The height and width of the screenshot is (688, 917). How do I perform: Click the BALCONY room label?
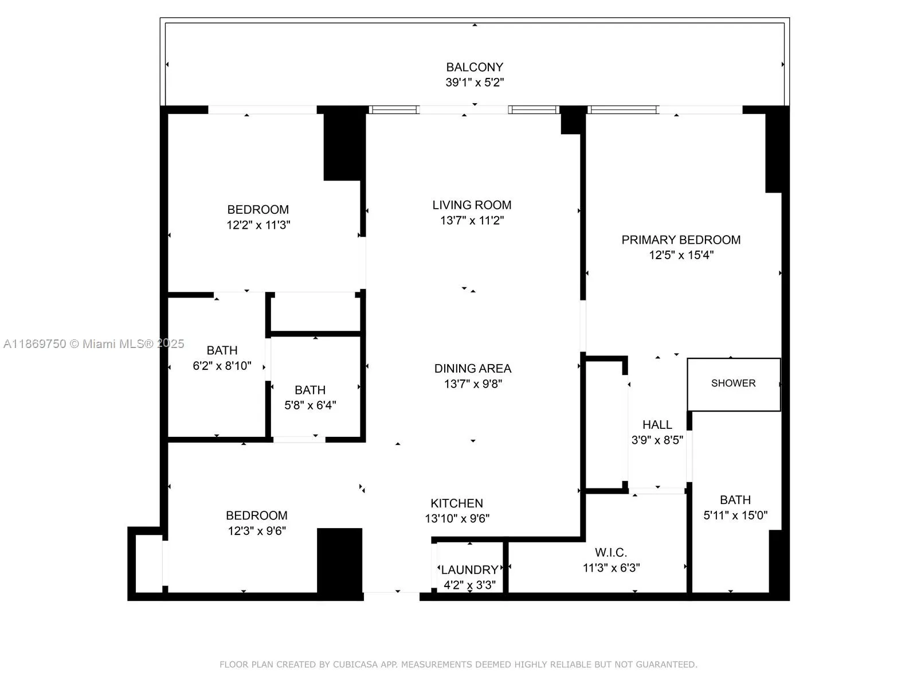475,67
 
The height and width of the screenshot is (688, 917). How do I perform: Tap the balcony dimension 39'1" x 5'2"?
475,83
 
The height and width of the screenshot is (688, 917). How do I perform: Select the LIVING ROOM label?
472,205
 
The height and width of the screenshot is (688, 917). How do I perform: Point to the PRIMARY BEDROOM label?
681,240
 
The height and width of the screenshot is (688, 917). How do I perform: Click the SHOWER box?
733,384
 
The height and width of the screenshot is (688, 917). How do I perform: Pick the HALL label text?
657,425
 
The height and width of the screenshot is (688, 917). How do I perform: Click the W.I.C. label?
611,553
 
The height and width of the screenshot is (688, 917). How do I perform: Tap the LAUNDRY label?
469,570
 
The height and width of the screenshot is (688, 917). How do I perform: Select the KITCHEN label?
457,503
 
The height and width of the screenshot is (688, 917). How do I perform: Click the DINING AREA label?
472,369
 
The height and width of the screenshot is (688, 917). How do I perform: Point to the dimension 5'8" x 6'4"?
310,405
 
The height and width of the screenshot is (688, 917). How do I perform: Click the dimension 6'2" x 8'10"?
222,366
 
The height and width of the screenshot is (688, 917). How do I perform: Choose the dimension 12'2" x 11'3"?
258,225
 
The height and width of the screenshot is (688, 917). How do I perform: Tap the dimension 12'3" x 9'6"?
257,531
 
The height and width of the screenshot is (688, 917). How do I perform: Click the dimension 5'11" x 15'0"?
735,515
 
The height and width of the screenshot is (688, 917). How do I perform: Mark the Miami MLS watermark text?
93,344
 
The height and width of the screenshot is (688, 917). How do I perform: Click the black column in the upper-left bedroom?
344,146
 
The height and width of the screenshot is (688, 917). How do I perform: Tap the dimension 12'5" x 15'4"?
681,255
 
